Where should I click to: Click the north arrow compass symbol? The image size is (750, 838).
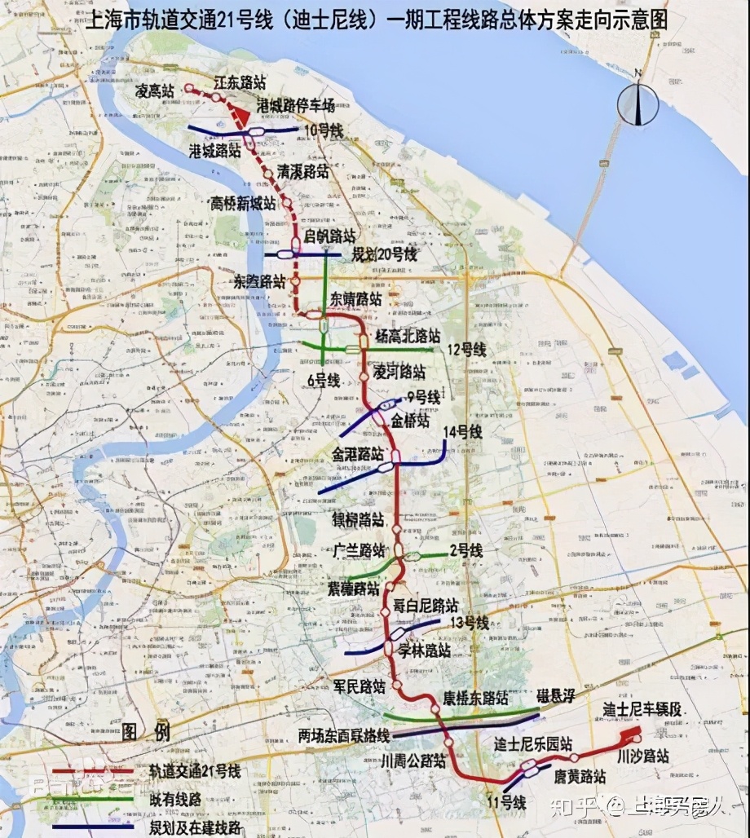637,104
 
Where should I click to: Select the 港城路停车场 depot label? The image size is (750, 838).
295,105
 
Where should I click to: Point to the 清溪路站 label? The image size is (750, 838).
303,172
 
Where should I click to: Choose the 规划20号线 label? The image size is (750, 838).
384,254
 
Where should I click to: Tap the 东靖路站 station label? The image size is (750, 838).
356,299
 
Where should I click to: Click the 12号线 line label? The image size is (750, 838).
465,350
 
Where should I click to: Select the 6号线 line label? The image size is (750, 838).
323,380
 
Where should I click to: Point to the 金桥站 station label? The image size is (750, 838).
410,421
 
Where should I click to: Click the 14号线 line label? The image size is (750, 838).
462,431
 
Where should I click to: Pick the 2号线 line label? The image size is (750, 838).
465,551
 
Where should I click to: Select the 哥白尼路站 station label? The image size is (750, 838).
426,606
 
